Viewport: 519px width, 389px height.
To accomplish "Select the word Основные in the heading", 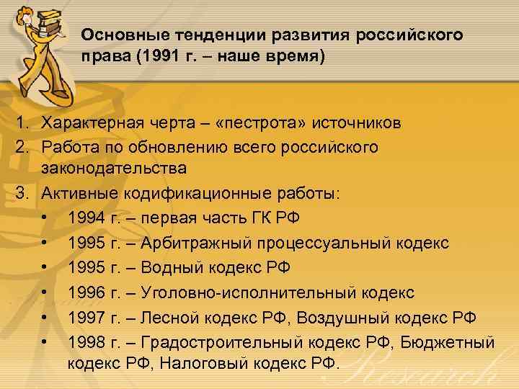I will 113,35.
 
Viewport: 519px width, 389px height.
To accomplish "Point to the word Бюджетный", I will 446,342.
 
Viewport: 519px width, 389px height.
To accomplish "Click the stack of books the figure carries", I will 48,18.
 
